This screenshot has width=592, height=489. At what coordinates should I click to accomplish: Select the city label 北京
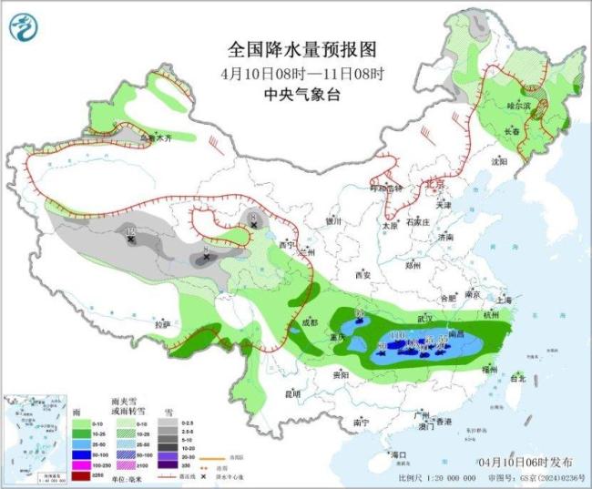(x=435, y=185)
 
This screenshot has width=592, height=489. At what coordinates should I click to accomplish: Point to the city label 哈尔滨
(x=517, y=106)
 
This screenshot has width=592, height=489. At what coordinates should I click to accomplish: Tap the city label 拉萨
(x=162, y=323)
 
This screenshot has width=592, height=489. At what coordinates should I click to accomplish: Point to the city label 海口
(x=395, y=453)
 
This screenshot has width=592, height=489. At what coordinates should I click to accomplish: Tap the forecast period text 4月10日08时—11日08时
(x=298, y=72)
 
